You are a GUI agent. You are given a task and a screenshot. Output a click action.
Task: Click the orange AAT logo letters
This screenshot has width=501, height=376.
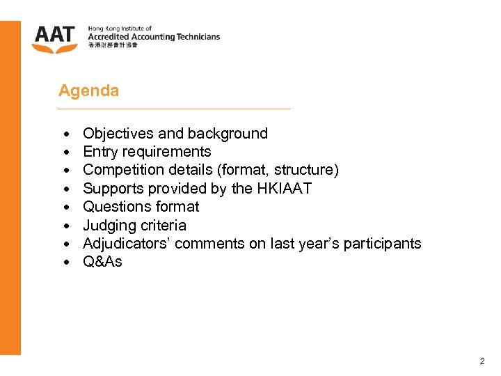54,34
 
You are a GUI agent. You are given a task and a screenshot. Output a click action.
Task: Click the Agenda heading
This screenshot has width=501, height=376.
88,91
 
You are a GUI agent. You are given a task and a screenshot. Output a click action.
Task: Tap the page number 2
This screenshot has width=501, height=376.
482,361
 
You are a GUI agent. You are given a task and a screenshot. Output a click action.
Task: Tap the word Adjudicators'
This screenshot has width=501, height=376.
127,244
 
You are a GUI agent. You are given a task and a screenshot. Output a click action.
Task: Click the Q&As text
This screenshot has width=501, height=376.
102,262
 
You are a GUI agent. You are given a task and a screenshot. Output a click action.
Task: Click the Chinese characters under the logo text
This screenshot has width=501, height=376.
113,45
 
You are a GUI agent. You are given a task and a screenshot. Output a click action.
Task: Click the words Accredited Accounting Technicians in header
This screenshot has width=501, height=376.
153,37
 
